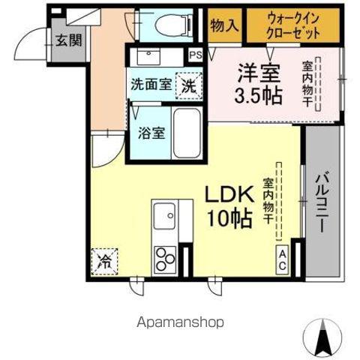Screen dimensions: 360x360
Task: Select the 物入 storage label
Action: click(x=224, y=26)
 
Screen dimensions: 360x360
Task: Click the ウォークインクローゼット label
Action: click(x=294, y=26)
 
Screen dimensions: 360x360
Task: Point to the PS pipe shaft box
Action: click(x=195, y=54)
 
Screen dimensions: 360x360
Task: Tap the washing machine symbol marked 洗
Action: click(x=189, y=85)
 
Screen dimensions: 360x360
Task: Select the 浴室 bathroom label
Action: click(x=152, y=133)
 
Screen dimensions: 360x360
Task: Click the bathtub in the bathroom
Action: click(x=187, y=133)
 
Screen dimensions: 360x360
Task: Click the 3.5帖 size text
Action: click(x=259, y=96)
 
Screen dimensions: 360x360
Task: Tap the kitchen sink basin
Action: click(x=164, y=219)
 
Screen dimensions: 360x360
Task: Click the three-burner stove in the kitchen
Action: click(x=166, y=260)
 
